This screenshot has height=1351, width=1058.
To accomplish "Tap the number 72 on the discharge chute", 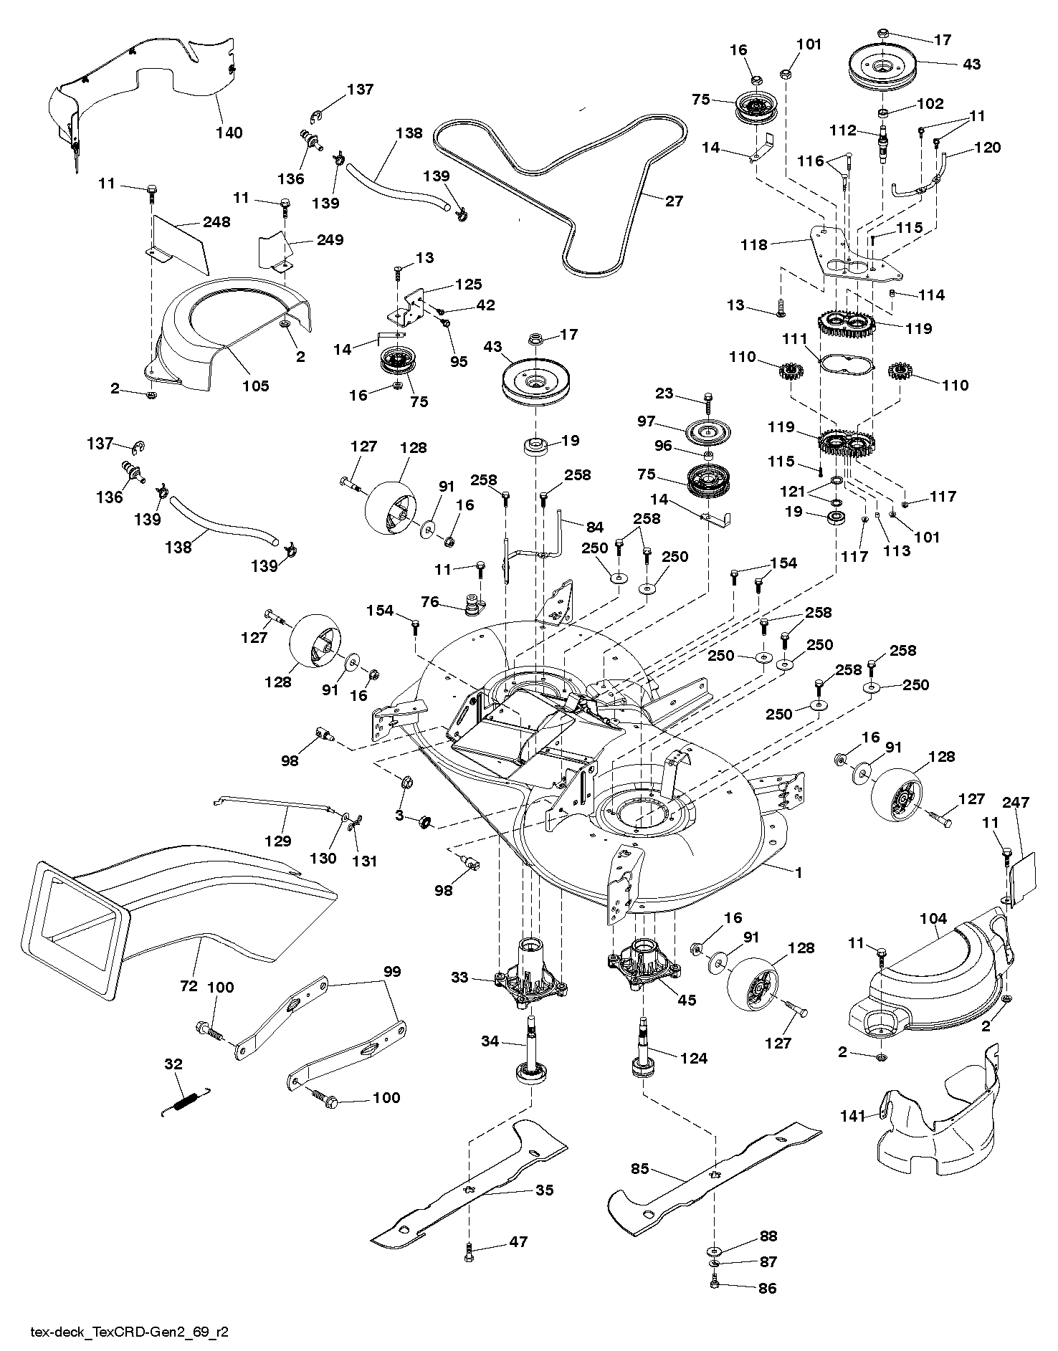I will click(x=189, y=986).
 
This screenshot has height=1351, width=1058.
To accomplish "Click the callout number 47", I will click(x=518, y=1242).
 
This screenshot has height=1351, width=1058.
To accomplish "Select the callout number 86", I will click(x=766, y=1288).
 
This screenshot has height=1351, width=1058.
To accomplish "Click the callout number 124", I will click(x=693, y=1058).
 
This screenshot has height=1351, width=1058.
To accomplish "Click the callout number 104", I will click(x=933, y=918).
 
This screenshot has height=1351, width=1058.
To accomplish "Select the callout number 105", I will click(x=255, y=386).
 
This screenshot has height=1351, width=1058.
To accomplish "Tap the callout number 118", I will click(x=754, y=244).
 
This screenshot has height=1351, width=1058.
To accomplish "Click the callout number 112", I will click(x=842, y=130).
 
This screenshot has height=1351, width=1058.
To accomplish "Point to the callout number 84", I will click(x=594, y=528).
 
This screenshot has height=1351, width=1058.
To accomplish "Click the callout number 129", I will click(x=279, y=840).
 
